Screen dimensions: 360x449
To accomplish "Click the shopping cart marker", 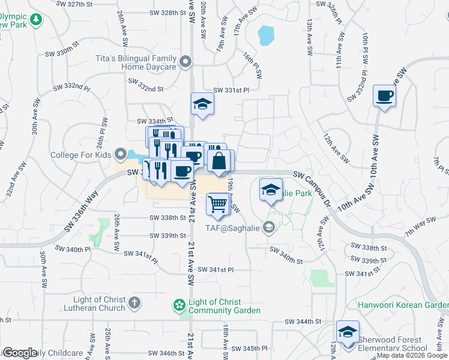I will point(217,204).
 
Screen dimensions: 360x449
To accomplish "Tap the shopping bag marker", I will point(220,160).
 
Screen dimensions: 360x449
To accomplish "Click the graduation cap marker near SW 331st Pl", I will point(202,104).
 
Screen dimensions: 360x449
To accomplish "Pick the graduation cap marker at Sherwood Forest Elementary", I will point(348,331).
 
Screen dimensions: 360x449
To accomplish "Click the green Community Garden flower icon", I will point(178,306).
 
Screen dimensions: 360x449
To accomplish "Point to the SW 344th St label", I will point(308,322).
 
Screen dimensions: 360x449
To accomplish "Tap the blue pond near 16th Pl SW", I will point(265,35).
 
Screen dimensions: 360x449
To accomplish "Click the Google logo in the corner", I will point(20,353).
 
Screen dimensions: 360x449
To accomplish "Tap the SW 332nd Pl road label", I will point(71,88).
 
